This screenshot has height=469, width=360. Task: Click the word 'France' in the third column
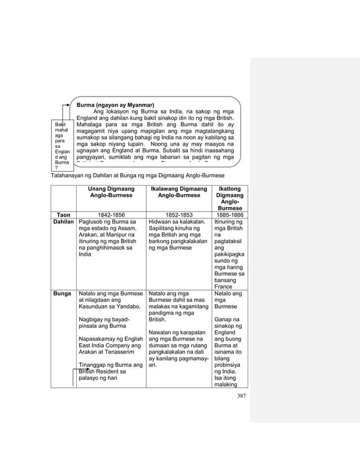224,286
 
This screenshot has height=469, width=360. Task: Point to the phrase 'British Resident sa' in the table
102,371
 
